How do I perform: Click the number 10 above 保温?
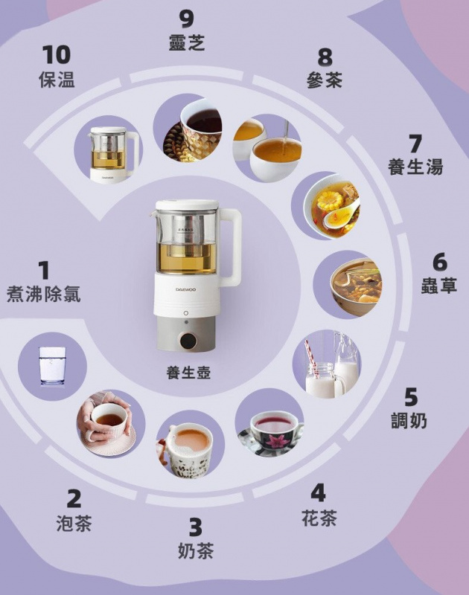tap(56, 54)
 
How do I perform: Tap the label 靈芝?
tap(186, 43)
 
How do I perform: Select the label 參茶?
tap(324, 80)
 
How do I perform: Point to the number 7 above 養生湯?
tap(415, 143)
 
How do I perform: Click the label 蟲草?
tap(438, 286)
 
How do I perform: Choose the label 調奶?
tap(409, 420)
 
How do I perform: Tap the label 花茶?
tap(319, 518)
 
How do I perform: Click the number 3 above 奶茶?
tap(195, 527)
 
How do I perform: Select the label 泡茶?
tap(74, 524)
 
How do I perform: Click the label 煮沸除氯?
tap(43, 293)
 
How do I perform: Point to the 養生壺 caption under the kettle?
tap(188, 373)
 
